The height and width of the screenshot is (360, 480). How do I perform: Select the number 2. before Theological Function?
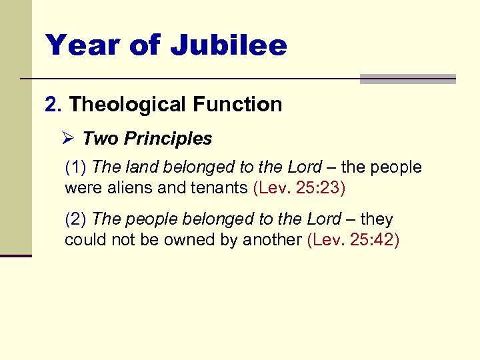click(x=53, y=105)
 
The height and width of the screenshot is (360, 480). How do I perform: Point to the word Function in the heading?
click(x=237, y=105)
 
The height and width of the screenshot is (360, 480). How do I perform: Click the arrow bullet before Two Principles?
click(x=67, y=139)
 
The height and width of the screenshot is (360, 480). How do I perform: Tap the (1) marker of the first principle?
click(x=75, y=167)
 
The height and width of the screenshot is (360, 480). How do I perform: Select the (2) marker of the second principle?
click(x=75, y=219)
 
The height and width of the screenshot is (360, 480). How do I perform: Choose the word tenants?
click(x=217, y=187)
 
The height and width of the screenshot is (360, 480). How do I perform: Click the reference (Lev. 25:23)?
click(x=299, y=187)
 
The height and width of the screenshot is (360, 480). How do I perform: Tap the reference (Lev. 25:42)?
click(x=353, y=239)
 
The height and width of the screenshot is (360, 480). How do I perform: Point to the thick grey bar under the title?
click(x=407, y=79)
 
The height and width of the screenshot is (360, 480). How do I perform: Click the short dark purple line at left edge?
click(x=15, y=255)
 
